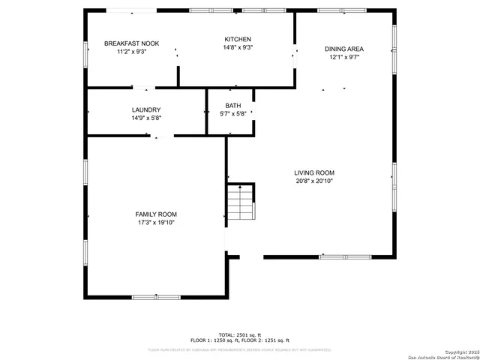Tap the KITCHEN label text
(238, 39)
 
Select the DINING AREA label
(344, 49)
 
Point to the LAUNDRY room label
(146, 109)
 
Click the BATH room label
(233, 106)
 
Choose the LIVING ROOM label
(314, 172)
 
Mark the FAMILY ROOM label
(157, 214)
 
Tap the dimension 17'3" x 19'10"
(157, 223)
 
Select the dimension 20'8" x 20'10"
(314, 181)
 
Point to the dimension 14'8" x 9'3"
(238, 47)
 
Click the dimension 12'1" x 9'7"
(344, 57)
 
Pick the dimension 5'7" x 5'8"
(233, 114)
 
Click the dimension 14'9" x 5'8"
(146, 118)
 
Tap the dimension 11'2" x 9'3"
(131, 52)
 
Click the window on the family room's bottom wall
(156, 297)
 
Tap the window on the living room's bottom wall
(345, 257)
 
